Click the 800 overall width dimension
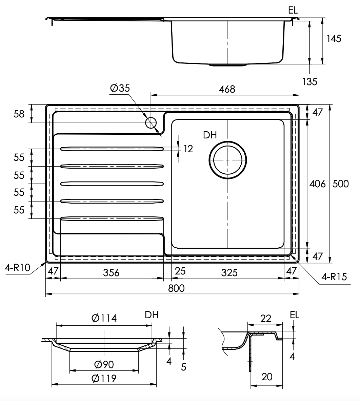coord(176,288)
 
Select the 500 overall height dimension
coord(341,184)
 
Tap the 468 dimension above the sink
coord(227,89)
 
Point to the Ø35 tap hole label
coord(120,88)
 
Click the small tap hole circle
coord(151,123)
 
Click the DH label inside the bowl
coord(210,135)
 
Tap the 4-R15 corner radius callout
coord(334,277)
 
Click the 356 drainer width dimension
coord(111,272)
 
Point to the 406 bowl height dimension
coord(317,184)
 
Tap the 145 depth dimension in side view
coord(334,39)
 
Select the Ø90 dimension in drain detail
coord(104,364)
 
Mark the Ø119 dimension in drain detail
coord(104,378)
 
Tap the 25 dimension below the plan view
coord(180,271)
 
